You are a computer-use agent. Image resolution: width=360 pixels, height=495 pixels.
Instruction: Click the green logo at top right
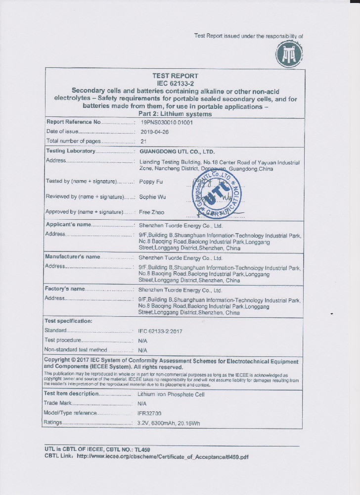(289, 55)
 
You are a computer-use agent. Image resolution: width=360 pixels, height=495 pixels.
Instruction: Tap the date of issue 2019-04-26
(155, 132)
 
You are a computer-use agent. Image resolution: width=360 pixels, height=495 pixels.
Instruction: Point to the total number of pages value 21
(144, 142)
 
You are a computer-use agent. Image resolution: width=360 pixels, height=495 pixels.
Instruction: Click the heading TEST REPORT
(175, 76)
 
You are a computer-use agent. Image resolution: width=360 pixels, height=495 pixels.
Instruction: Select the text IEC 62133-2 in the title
(175, 83)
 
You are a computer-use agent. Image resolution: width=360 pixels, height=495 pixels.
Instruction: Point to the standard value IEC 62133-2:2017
(160, 331)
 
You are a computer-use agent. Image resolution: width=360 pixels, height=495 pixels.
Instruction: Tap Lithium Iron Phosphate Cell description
(171, 394)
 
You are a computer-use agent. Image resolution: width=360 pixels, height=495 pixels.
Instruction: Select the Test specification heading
(68, 321)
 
